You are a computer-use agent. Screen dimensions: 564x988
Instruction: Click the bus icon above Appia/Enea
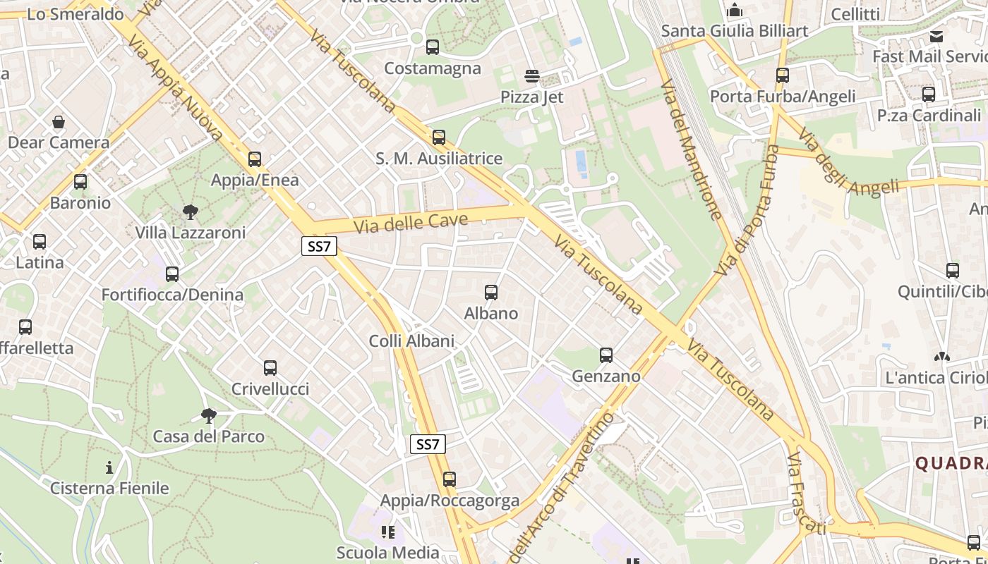(x=255, y=159)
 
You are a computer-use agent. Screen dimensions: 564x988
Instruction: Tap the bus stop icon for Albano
(x=491, y=293)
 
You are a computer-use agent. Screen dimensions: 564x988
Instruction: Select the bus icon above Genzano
(x=606, y=355)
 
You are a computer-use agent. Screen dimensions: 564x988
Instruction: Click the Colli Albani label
(x=411, y=341)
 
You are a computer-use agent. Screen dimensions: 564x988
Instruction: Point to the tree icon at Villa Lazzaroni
(x=190, y=211)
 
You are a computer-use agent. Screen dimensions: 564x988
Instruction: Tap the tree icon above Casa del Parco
(x=208, y=415)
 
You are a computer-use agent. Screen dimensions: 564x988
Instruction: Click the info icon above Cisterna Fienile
(x=109, y=467)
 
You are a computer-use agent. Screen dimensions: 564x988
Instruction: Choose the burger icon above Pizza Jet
(x=532, y=76)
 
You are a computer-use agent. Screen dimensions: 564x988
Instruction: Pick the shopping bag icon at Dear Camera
(x=59, y=122)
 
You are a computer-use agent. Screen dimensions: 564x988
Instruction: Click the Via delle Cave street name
(x=411, y=223)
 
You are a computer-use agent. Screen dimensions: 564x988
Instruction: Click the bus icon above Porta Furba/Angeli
(x=782, y=75)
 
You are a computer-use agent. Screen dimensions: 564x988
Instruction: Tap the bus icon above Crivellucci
(x=270, y=368)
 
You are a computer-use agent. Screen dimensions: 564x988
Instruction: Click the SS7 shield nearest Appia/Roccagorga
(x=428, y=444)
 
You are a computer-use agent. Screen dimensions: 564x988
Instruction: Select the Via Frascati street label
(x=805, y=494)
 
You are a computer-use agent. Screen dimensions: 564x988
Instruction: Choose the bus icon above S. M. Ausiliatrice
(x=439, y=137)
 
